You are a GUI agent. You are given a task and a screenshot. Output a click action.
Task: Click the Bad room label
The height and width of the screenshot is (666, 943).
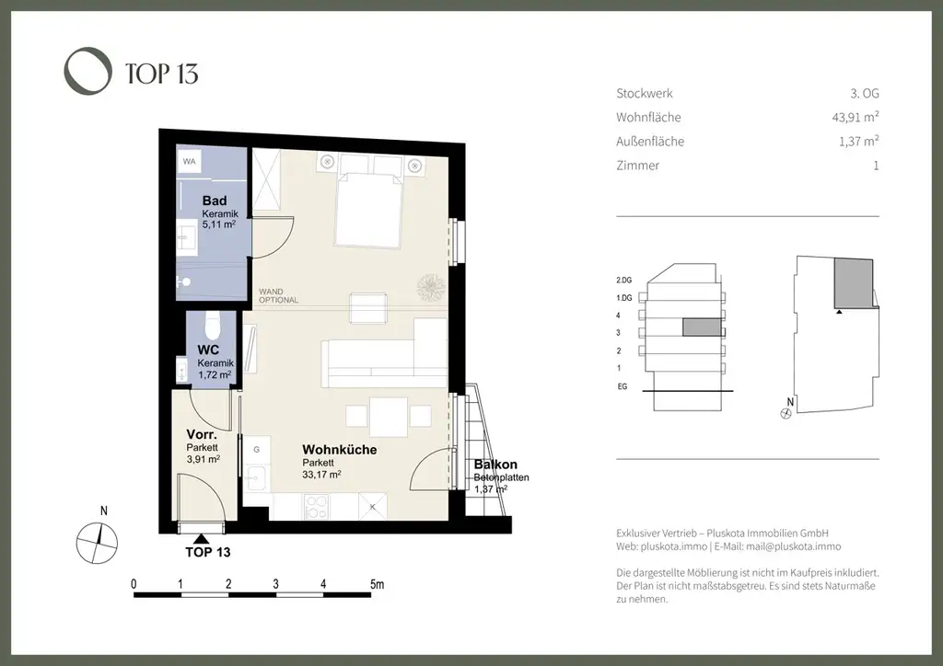(215, 201)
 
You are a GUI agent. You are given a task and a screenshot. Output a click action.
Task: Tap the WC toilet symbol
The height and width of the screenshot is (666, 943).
(213, 325)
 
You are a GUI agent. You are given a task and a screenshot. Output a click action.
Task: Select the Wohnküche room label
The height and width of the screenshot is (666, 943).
(340, 450)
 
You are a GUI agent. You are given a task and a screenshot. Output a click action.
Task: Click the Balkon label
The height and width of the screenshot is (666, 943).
(495, 465)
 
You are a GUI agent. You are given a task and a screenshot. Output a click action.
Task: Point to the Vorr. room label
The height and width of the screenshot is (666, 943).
(201, 434)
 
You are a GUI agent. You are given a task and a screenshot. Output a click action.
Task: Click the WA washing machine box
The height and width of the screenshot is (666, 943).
(190, 162)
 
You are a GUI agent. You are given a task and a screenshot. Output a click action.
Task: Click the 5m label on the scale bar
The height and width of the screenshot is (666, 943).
(377, 584)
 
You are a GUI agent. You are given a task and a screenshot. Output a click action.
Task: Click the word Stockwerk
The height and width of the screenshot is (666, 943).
(645, 93)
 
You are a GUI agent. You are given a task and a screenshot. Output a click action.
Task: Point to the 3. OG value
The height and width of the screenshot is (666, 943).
(864, 93)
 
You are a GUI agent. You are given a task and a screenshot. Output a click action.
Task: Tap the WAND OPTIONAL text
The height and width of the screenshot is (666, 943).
(278, 295)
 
